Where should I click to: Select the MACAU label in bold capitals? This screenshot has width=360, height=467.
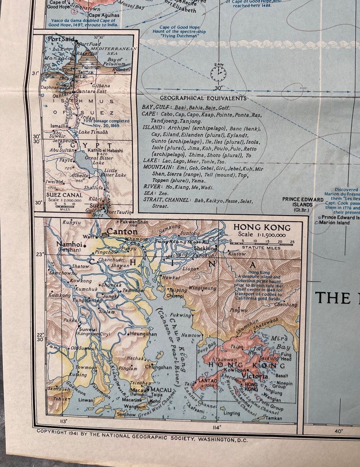pyautogui.click(x=162, y=389)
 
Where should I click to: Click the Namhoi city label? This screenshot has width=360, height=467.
pyautogui.click(x=68, y=244)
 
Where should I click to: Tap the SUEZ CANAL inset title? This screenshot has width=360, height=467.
pyautogui.click(x=58, y=195)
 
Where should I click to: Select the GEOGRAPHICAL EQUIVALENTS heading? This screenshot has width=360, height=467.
pyautogui.click(x=203, y=98)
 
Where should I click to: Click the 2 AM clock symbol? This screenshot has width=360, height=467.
pyautogui.click(x=218, y=73)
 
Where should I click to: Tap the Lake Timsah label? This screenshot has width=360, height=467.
pyautogui.click(x=93, y=132)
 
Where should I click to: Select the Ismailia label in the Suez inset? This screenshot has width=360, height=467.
pyautogui.click(x=58, y=126)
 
